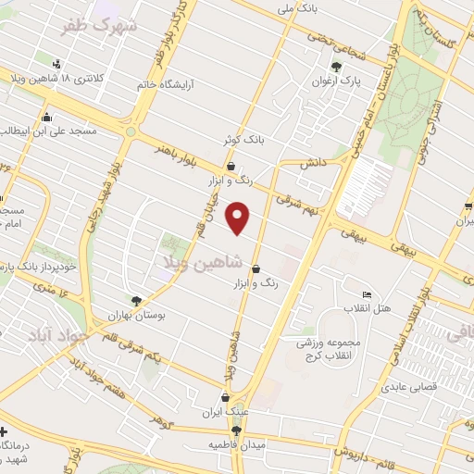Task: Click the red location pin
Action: click(240, 218)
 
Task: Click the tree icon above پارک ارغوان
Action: click(336, 66)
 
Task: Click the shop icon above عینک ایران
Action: click(225, 398)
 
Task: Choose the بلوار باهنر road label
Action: click(176, 147)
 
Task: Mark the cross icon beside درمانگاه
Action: click(4, 431)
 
